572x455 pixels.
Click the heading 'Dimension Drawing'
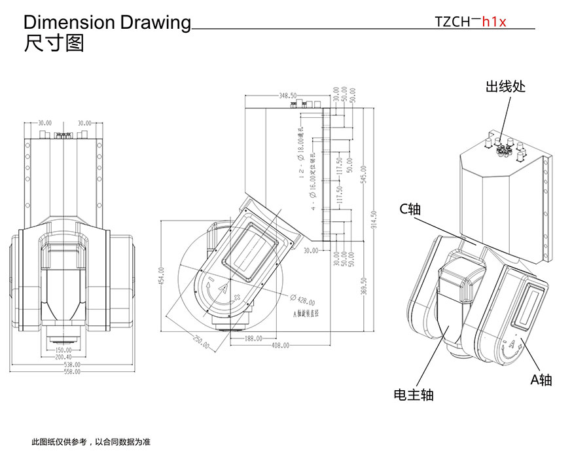tap(107, 22)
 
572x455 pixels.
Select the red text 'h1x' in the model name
tap(494, 21)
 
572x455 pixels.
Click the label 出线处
tap(505, 86)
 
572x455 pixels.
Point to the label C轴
tap(410, 209)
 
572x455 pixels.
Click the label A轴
tap(541, 380)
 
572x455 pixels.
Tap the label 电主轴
tap(414, 394)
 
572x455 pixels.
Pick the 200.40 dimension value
tap(63, 357)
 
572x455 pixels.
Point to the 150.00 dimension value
tap(63, 350)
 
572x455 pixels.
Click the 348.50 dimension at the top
tap(288, 96)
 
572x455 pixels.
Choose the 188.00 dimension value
tap(253, 338)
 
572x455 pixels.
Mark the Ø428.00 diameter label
tap(304, 301)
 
